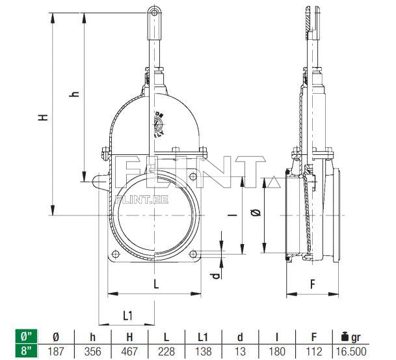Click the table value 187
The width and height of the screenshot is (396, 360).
click(x=56, y=351)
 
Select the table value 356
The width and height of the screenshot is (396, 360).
click(x=91, y=351)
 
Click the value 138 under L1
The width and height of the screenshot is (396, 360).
click(x=204, y=351)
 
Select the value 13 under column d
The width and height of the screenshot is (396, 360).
click(x=241, y=351)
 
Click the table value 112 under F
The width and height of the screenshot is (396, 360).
click(x=313, y=351)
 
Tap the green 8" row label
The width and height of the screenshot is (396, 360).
click(x=26, y=351)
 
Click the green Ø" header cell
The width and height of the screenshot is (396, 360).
click(x=26, y=337)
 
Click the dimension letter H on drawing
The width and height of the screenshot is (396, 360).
click(x=43, y=118)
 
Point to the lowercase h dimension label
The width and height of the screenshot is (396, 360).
click(x=75, y=94)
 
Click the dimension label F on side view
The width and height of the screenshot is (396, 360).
click(x=312, y=284)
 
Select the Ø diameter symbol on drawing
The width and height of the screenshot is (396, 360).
click(x=255, y=213)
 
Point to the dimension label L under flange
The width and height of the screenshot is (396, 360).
click(x=156, y=283)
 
